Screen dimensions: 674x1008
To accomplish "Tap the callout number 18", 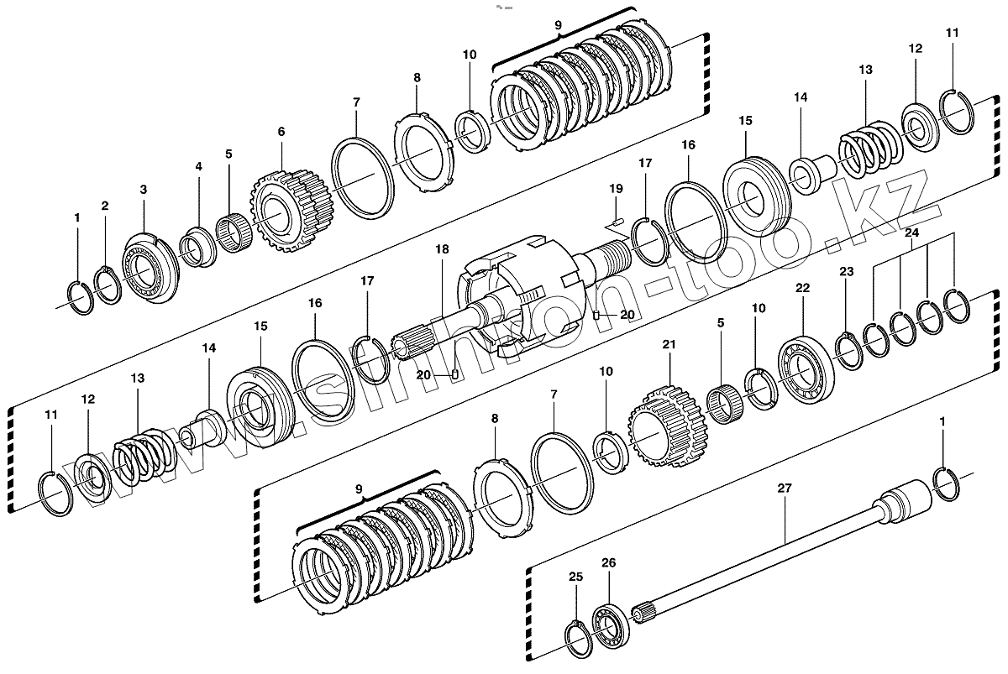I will pos(443,249).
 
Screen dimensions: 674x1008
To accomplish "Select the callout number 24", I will pos(912,232).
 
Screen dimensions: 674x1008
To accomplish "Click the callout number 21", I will pos(669,344).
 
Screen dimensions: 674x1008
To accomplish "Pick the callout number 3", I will pos(143,191).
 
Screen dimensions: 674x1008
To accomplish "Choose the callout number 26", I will pos(609,563).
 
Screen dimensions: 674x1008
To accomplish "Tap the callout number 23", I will pos(846,271).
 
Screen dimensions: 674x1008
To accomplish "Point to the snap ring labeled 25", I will pos(577,640).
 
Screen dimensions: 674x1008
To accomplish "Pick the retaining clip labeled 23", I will pos(848,347).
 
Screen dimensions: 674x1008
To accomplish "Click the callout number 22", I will pos(803,288).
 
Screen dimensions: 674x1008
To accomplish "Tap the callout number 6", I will pos(281,132).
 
